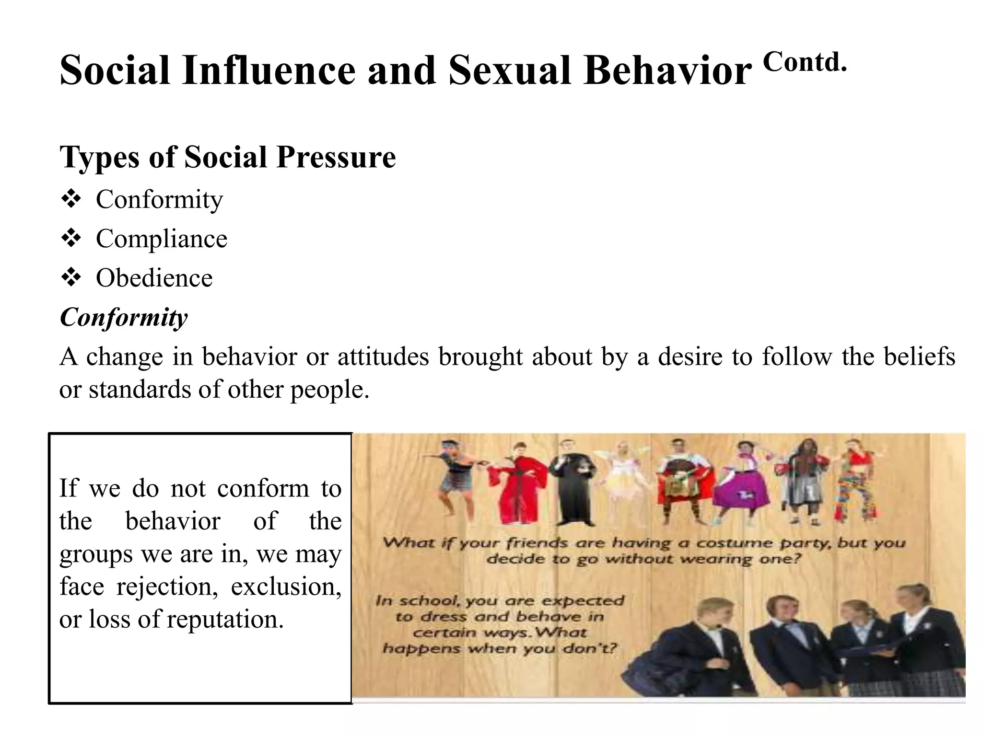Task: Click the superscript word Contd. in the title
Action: click(805, 62)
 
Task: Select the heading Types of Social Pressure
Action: click(228, 157)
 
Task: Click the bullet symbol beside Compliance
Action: click(71, 238)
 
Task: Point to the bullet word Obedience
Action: click(154, 278)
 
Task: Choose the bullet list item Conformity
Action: click(159, 199)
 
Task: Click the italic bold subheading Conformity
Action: click(124, 317)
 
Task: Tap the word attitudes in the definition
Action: click(383, 357)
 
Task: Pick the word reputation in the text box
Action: click(225, 619)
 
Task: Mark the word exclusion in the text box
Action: click(286, 586)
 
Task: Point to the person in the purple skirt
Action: click(743, 484)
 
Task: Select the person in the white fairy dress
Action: click(622, 479)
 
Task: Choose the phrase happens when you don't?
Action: click(499, 649)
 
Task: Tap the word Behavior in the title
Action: click(667, 71)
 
